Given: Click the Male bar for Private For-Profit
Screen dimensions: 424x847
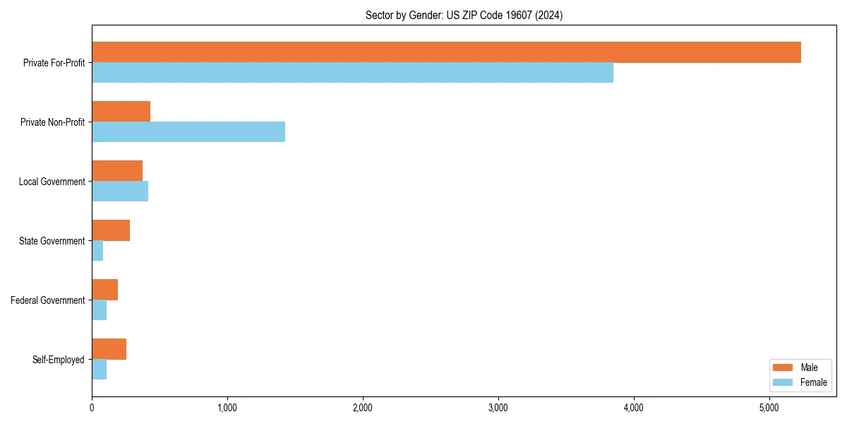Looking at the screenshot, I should pos(446,52).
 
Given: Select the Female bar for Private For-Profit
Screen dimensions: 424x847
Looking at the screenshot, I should pos(352,73).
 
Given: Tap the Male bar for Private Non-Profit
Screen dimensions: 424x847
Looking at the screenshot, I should pos(121,112).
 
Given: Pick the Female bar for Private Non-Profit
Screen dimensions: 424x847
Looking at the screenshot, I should pos(188,132).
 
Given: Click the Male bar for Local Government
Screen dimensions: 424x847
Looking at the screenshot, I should pos(117,171).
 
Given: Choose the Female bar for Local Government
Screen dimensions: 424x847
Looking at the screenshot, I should pos(120,192).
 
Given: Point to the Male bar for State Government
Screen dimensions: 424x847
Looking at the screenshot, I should pos(111,230).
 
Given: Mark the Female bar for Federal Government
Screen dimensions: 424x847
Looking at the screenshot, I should pos(100,310).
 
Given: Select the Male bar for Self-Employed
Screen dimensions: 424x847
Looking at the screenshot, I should pos(109,349).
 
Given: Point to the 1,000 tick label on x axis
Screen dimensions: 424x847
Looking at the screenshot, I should pos(227,408).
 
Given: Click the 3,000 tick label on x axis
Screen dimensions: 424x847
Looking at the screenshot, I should pos(498,408).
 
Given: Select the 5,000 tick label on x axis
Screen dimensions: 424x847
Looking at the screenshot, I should pos(769,408).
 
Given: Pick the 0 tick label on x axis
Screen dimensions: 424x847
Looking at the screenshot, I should pos(92,408).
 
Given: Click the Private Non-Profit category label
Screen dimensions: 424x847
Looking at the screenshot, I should pos(52,122).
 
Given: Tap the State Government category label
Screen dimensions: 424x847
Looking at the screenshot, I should pos(52,241).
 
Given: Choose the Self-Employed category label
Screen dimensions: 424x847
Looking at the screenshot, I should pos(59,360).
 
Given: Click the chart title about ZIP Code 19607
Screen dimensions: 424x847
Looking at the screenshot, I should pos(464,15).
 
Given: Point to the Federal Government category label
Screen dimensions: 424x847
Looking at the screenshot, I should pos(48,300).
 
